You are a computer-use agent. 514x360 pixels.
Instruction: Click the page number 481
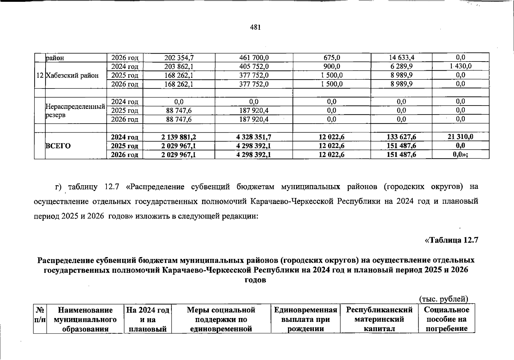tap(255, 28)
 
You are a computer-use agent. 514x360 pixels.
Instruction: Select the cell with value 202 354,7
tap(179, 58)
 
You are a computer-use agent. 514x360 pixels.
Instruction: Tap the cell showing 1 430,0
tap(460, 66)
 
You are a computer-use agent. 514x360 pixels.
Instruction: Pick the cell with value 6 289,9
tap(401, 66)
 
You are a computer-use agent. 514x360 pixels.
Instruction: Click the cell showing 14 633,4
tap(401, 58)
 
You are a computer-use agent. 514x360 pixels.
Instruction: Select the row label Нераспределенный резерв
tap(75, 111)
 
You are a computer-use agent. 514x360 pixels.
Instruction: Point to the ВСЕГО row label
tap(58, 146)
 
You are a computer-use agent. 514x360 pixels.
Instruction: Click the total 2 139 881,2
tap(179, 137)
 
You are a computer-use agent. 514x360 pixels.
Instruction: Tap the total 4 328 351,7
tap(254, 137)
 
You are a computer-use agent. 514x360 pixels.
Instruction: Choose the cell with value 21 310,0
tap(460, 137)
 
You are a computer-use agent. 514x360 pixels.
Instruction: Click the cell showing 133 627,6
tap(401, 137)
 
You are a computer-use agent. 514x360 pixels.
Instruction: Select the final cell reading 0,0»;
tap(460, 155)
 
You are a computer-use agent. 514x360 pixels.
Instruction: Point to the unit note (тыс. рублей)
tap(443, 299)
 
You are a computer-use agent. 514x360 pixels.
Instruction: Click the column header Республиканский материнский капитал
tap(379, 319)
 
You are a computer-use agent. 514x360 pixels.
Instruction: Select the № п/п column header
tap(40, 315)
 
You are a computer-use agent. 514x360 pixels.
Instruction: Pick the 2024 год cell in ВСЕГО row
tap(125, 137)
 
